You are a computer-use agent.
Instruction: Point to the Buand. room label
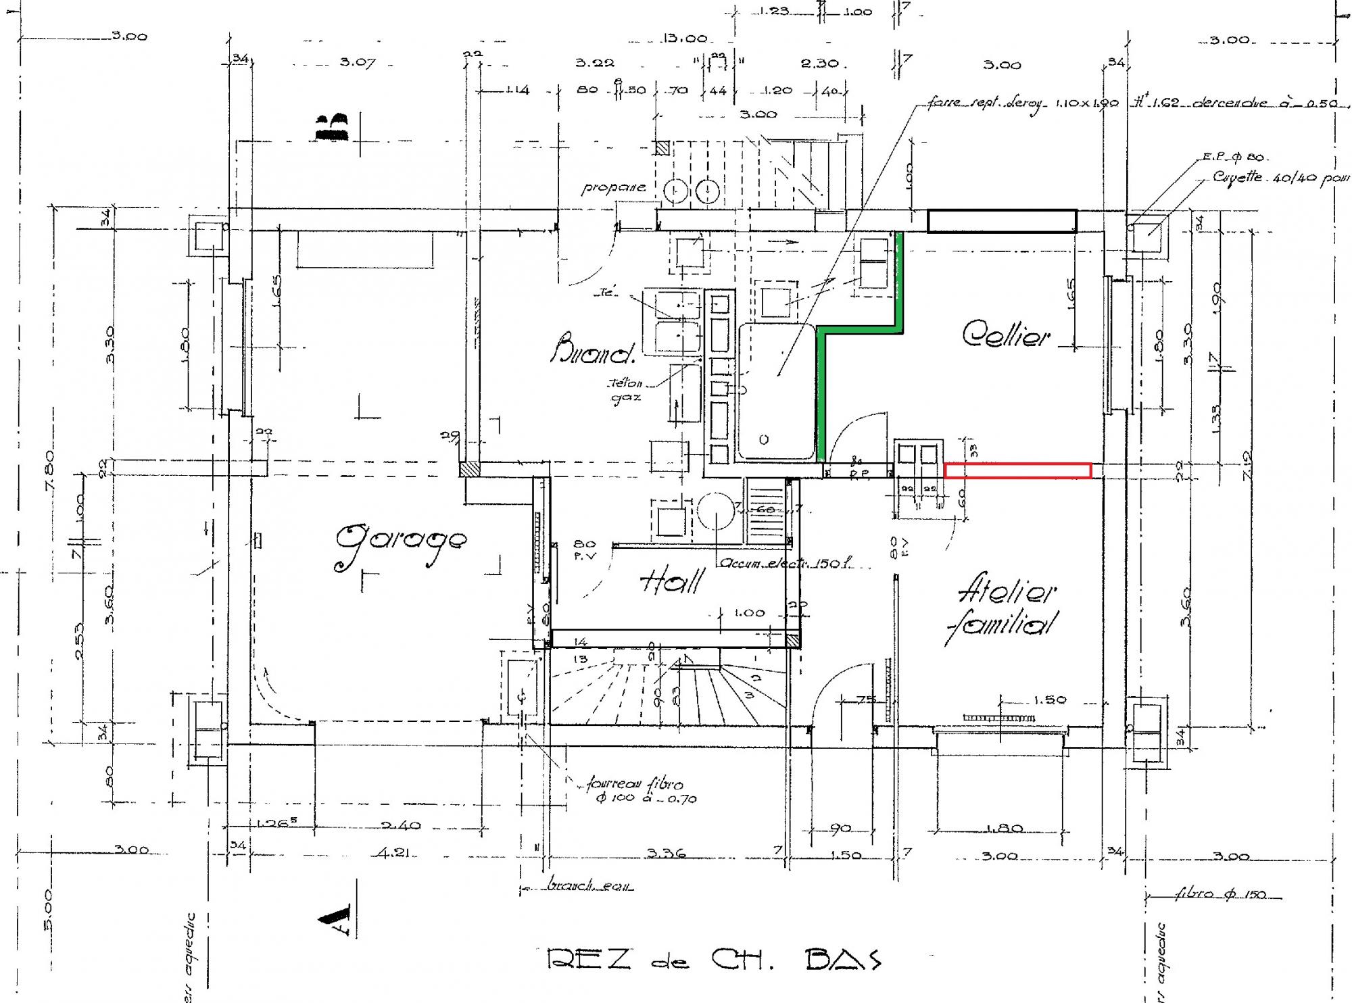[594, 349]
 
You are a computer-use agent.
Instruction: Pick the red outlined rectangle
[1017, 470]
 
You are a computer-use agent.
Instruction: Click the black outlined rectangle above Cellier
[1002, 221]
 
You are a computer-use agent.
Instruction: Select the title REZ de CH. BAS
[713, 960]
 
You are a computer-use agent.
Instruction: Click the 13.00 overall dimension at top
[684, 39]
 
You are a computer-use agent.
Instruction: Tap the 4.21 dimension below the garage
[393, 853]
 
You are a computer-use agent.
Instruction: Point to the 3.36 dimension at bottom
[666, 853]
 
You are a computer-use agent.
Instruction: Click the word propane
[613, 188]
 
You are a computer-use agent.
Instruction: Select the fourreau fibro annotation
[635, 791]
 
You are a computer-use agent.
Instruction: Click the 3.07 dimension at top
[358, 63]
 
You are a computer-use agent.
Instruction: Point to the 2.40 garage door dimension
[401, 825]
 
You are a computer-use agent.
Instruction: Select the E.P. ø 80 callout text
[1232, 157]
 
